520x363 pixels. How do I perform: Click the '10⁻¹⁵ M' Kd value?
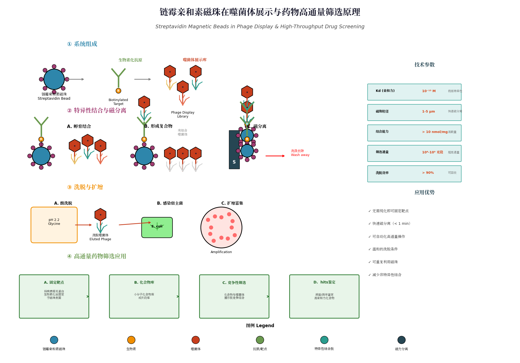coord(429,91)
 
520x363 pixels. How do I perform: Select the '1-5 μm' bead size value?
coord(428,111)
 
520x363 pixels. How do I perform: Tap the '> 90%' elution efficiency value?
coord(428,173)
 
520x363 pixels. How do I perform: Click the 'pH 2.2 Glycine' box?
coord(54,225)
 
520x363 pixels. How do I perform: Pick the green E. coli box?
coord(157,227)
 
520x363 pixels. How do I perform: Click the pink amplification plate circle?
coord(221,227)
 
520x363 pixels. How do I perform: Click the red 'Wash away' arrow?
coord(275,156)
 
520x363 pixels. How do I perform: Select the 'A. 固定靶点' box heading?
coord(54,282)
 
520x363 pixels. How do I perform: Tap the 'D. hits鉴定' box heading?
coord(324,282)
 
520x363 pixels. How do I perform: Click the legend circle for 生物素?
coord(131,340)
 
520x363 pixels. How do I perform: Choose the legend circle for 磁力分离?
coord(401,340)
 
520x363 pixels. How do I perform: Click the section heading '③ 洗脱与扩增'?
coord(85,187)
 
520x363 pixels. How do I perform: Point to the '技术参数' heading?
coord(424,65)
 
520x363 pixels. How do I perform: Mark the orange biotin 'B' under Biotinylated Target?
coord(118,91)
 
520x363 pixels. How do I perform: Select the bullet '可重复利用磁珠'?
coord(385,262)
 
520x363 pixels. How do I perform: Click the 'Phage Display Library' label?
coord(183,114)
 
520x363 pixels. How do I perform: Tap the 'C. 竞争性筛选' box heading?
coord(234,283)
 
